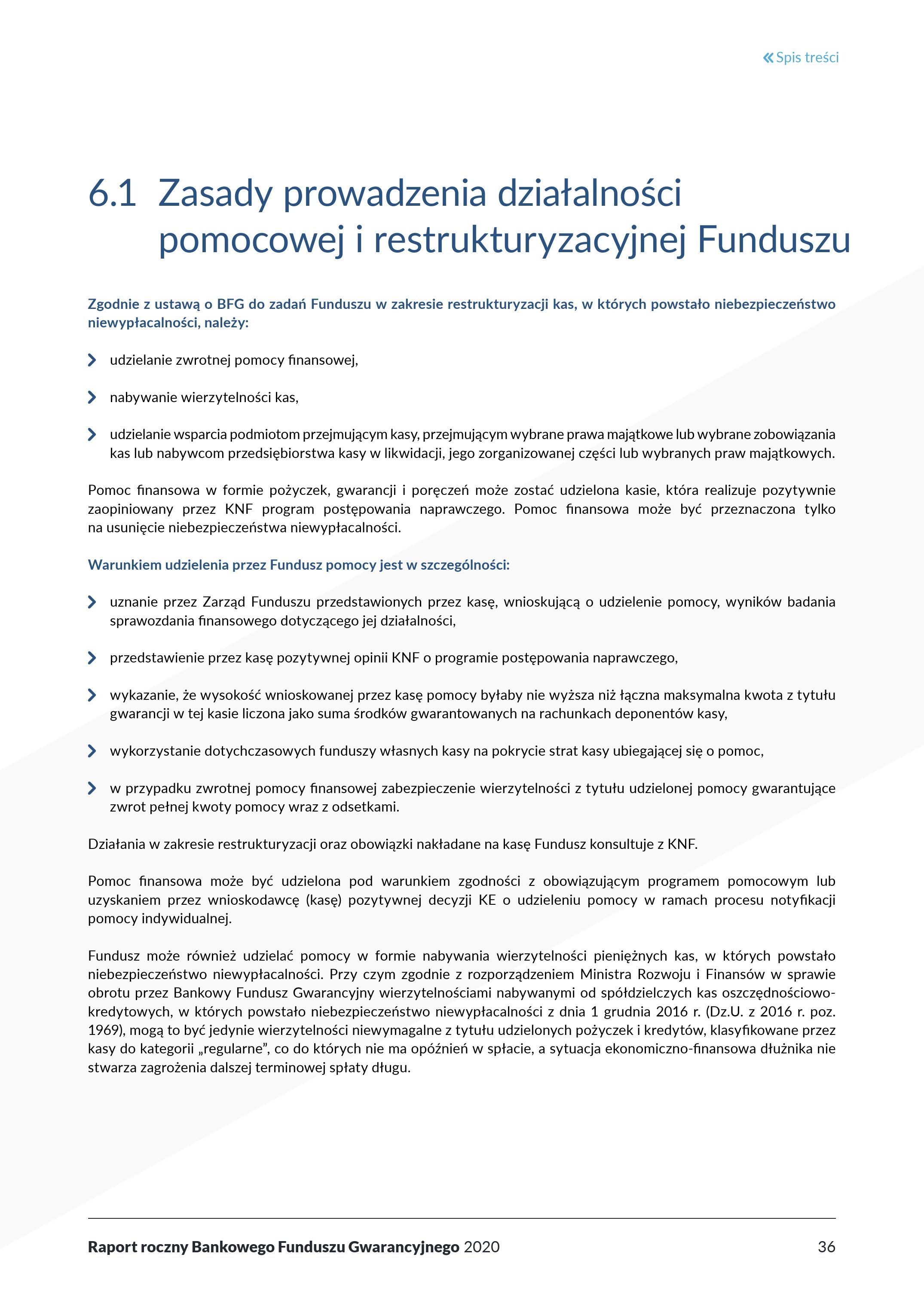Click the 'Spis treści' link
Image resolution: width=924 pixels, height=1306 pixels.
(807, 58)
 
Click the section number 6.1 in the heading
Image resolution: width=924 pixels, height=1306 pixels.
(112, 193)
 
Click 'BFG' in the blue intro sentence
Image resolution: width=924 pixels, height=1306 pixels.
(230, 304)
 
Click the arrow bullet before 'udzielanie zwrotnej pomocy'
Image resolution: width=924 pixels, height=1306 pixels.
(92, 360)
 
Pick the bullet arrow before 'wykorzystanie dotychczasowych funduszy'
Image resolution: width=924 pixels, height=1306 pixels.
(92, 751)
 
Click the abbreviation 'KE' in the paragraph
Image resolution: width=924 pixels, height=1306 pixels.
(487, 900)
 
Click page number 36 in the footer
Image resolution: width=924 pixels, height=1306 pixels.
(826, 1247)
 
